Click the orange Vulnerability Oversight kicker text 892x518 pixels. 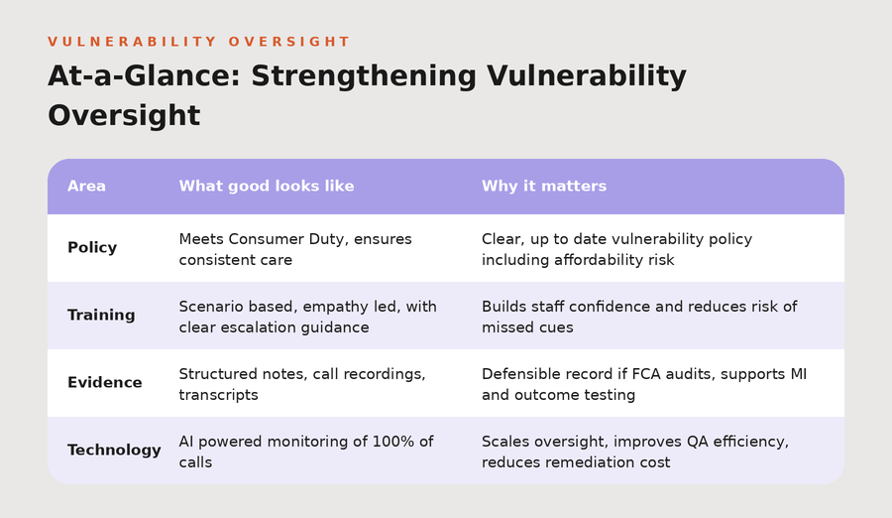(198, 42)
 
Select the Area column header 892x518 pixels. (86, 187)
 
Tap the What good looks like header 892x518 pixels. (267, 187)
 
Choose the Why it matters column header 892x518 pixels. (544, 187)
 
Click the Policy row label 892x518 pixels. (92, 248)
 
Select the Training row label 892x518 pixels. (101, 316)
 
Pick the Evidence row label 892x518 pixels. (105, 382)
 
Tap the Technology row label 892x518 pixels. (114, 451)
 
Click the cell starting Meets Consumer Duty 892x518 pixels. (295, 249)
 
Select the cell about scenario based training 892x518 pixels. (308, 317)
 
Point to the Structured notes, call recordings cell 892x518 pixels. (302, 384)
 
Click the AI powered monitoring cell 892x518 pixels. (306, 452)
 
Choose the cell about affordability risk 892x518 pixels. (616, 249)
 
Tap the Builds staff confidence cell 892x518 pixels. (639, 317)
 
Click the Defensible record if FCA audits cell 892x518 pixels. (644, 384)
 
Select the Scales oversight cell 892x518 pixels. (635, 452)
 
